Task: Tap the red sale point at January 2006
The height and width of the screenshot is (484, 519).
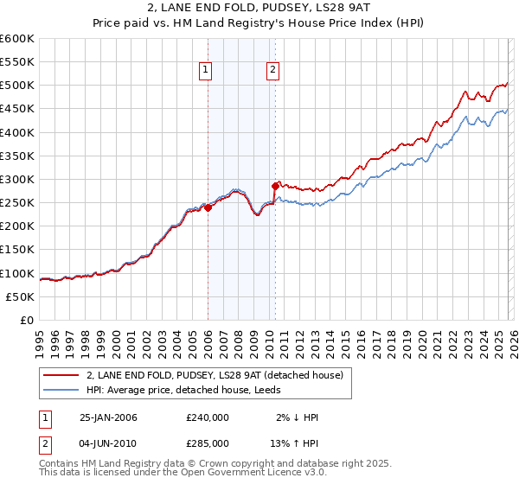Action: (x=208, y=207)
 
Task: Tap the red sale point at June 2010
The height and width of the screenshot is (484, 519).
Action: (x=275, y=186)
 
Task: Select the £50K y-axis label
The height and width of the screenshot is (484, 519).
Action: (x=21, y=296)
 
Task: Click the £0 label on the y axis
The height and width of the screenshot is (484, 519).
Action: (x=28, y=320)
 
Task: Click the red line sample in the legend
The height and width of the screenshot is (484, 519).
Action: (x=61, y=375)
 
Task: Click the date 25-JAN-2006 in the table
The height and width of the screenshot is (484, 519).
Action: (x=108, y=417)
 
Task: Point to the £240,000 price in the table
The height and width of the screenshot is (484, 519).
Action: (x=208, y=417)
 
